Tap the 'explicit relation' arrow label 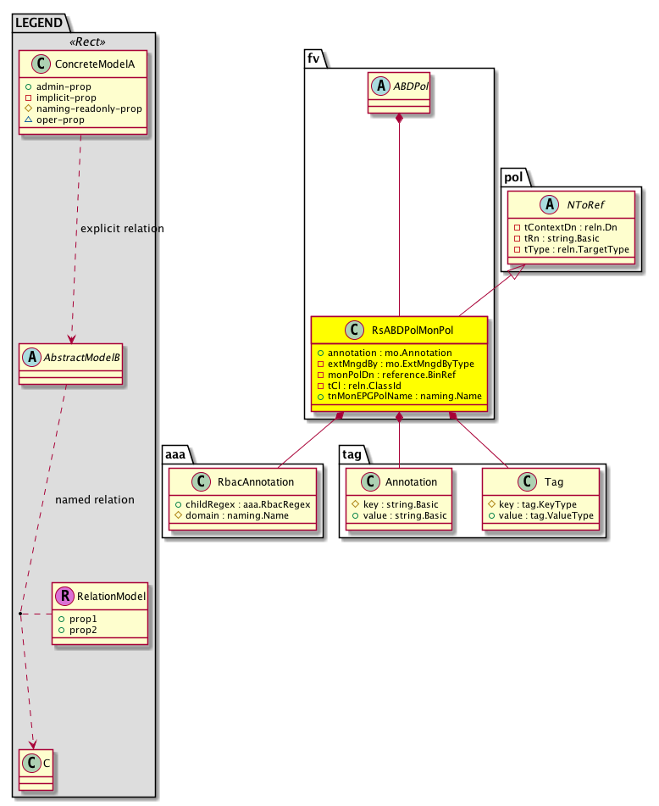coord(122,229)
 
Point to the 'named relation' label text coord(95,500)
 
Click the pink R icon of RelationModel coord(64,597)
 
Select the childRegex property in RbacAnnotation coord(243,503)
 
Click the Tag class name coord(554,481)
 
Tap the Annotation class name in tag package coord(410,481)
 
